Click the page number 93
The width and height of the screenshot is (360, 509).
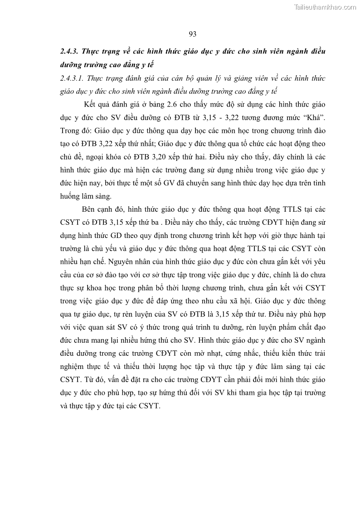[x=192, y=34]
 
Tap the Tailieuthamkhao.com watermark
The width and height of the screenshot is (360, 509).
[x=325, y=7]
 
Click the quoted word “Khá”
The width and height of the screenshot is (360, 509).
[x=313, y=118]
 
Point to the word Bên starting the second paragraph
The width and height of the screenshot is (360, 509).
[x=89, y=210]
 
